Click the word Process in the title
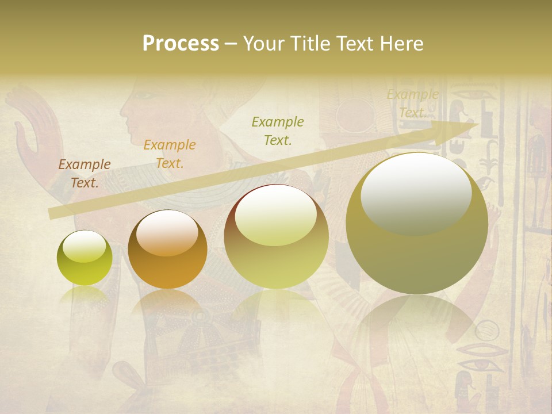point(181,44)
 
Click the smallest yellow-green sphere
point(85,258)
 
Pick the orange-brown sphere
point(167,250)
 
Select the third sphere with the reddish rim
point(277,236)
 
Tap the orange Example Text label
point(170,154)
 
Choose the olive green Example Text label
point(278,131)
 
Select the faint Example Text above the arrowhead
point(412,103)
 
